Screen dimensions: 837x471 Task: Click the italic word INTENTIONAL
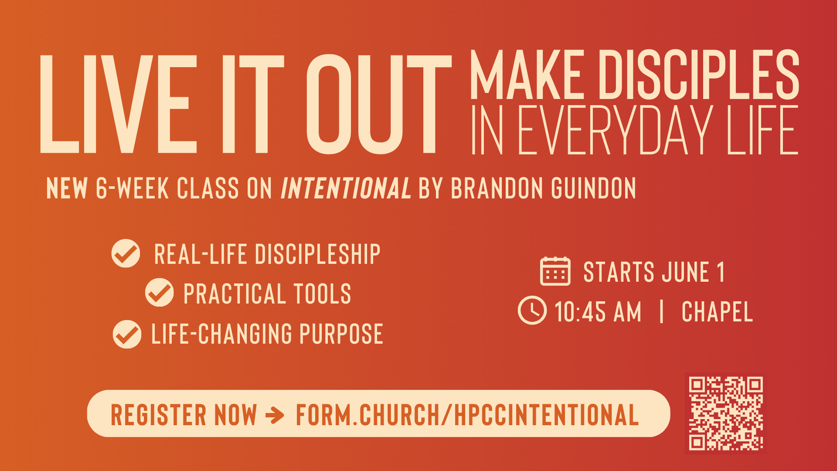click(345, 188)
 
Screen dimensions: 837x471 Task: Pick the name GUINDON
click(593, 188)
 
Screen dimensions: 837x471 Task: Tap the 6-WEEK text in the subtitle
click(132, 188)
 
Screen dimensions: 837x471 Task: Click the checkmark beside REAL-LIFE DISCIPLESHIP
click(126, 253)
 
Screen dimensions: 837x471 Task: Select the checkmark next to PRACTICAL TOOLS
click(159, 293)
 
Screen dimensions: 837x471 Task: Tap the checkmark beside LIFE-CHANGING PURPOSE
click(127, 334)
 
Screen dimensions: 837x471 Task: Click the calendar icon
click(555, 271)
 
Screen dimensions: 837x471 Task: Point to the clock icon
click(532, 311)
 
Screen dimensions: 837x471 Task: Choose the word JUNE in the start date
click(685, 272)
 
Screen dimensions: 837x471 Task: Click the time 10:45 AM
click(598, 312)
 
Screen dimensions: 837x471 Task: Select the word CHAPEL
click(717, 312)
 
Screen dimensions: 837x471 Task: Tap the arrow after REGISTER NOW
click(275, 415)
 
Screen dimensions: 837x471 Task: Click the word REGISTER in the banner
click(159, 415)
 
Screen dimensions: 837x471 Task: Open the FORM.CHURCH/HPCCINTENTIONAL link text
click(467, 415)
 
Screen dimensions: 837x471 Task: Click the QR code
click(725, 413)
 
